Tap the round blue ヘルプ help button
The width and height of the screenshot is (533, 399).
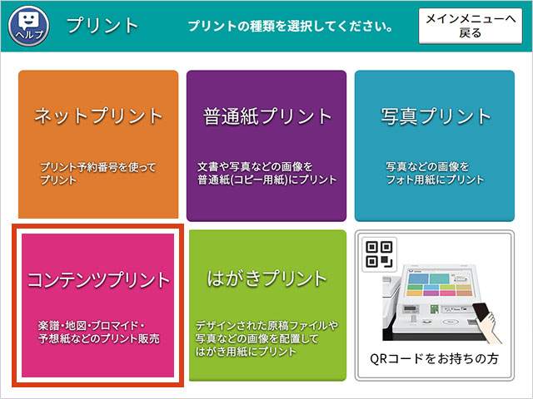[x=28, y=26]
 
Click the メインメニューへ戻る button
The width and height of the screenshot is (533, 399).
[x=470, y=26]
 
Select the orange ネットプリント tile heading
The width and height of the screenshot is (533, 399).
[x=98, y=116]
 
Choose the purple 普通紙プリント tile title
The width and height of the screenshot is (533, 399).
[x=266, y=116]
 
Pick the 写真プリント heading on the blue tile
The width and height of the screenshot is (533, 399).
[x=435, y=116]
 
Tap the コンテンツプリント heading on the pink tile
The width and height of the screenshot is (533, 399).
[x=98, y=280]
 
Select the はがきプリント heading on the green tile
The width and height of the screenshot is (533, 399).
[x=266, y=279]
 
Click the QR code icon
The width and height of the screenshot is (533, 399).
[x=380, y=254]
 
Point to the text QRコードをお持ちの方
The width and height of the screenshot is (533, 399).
[x=434, y=358]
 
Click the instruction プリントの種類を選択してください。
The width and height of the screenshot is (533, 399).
[x=291, y=26]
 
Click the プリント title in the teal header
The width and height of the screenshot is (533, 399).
[x=102, y=26]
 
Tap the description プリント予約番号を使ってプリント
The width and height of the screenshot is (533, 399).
[x=98, y=174]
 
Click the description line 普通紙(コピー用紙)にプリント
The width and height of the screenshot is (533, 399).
[x=267, y=180]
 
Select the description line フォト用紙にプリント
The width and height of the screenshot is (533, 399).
[x=435, y=180]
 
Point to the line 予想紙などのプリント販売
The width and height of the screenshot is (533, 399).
[x=99, y=338]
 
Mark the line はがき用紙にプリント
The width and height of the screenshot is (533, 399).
[x=246, y=352]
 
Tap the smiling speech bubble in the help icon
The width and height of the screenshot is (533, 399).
[x=28, y=20]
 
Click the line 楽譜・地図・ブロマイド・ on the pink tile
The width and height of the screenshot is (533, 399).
[x=92, y=325]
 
